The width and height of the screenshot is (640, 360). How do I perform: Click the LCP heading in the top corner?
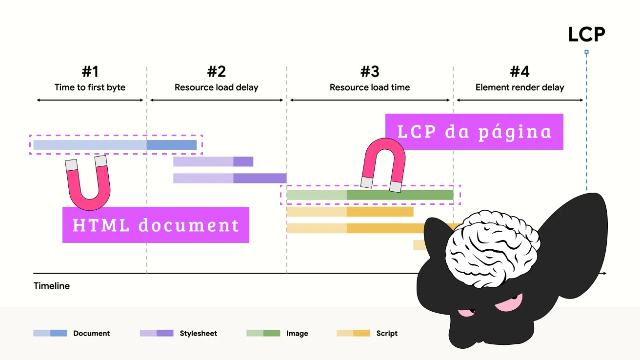click(x=586, y=35)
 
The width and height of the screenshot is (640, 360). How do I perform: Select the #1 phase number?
click(x=90, y=72)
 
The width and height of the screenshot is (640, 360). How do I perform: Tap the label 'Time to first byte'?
click(x=90, y=88)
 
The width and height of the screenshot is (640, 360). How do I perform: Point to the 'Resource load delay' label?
click(x=216, y=88)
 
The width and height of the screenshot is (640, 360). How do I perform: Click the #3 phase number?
click(x=370, y=72)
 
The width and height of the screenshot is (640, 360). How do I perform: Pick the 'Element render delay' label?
click(x=520, y=88)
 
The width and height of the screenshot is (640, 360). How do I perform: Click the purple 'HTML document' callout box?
click(x=156, y=225)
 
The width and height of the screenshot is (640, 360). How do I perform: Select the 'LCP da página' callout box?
click(x=474, y=132)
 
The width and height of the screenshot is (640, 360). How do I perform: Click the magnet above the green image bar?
click(x=383, y=164)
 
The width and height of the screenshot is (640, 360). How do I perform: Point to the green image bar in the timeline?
click(x=370, y=195)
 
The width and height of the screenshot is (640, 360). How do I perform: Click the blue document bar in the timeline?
click(x=115, y=145)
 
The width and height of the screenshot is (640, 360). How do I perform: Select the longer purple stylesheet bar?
click(x=229, y=178)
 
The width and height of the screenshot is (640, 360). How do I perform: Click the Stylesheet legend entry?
click(x=179, y=334)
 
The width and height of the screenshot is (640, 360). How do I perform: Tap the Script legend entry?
click(x=367, y=334)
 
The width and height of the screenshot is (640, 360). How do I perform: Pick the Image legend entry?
click(x=277, y=334)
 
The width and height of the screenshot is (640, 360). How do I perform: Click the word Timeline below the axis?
click(x=51, y=286)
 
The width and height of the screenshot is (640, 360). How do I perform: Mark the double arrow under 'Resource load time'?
click(x=370, y=100)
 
